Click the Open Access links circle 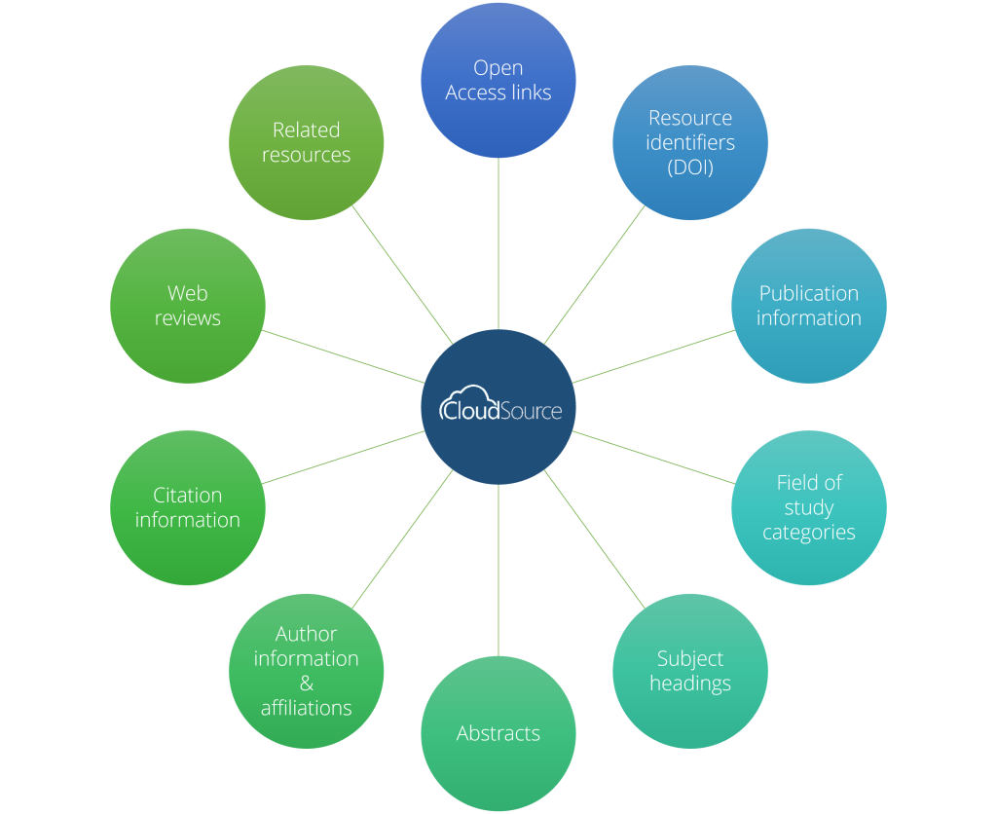pos(498,80)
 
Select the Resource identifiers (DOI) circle pos(690,142)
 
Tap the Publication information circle pos(808,306)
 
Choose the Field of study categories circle pos(808,507)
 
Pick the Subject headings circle pos(690,671)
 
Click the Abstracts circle pos(498,733)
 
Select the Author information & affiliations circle pos(306,671)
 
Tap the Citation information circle pos(187,507)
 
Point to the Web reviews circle pos(187,306)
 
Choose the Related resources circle pos(306,142)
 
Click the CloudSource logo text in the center pos(501,409)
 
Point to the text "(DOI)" pos(690,167)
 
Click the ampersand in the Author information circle pos(306,684)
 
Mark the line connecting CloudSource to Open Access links pos(498,243)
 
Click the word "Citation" pos(187,495)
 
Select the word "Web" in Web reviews pos(187,293)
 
